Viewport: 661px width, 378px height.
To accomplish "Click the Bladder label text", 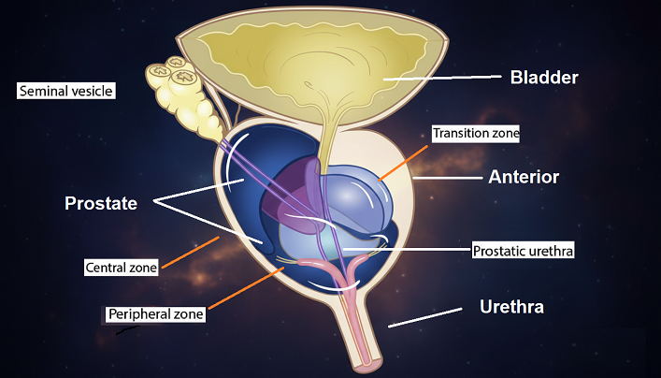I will [545, 78].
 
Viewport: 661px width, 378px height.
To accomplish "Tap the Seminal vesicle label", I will [65, 91].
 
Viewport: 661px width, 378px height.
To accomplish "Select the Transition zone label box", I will [475, 133].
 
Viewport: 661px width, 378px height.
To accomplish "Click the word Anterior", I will [524, 176].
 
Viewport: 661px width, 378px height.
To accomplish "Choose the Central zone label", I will [122, 268].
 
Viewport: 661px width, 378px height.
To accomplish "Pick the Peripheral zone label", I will [155, 313].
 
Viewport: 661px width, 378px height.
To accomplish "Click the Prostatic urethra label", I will [521, 251].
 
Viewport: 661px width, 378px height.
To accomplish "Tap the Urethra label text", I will [511, 306].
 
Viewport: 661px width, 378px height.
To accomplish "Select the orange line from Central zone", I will [190, 253].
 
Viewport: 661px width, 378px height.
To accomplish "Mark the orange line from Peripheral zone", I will [244, 290].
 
